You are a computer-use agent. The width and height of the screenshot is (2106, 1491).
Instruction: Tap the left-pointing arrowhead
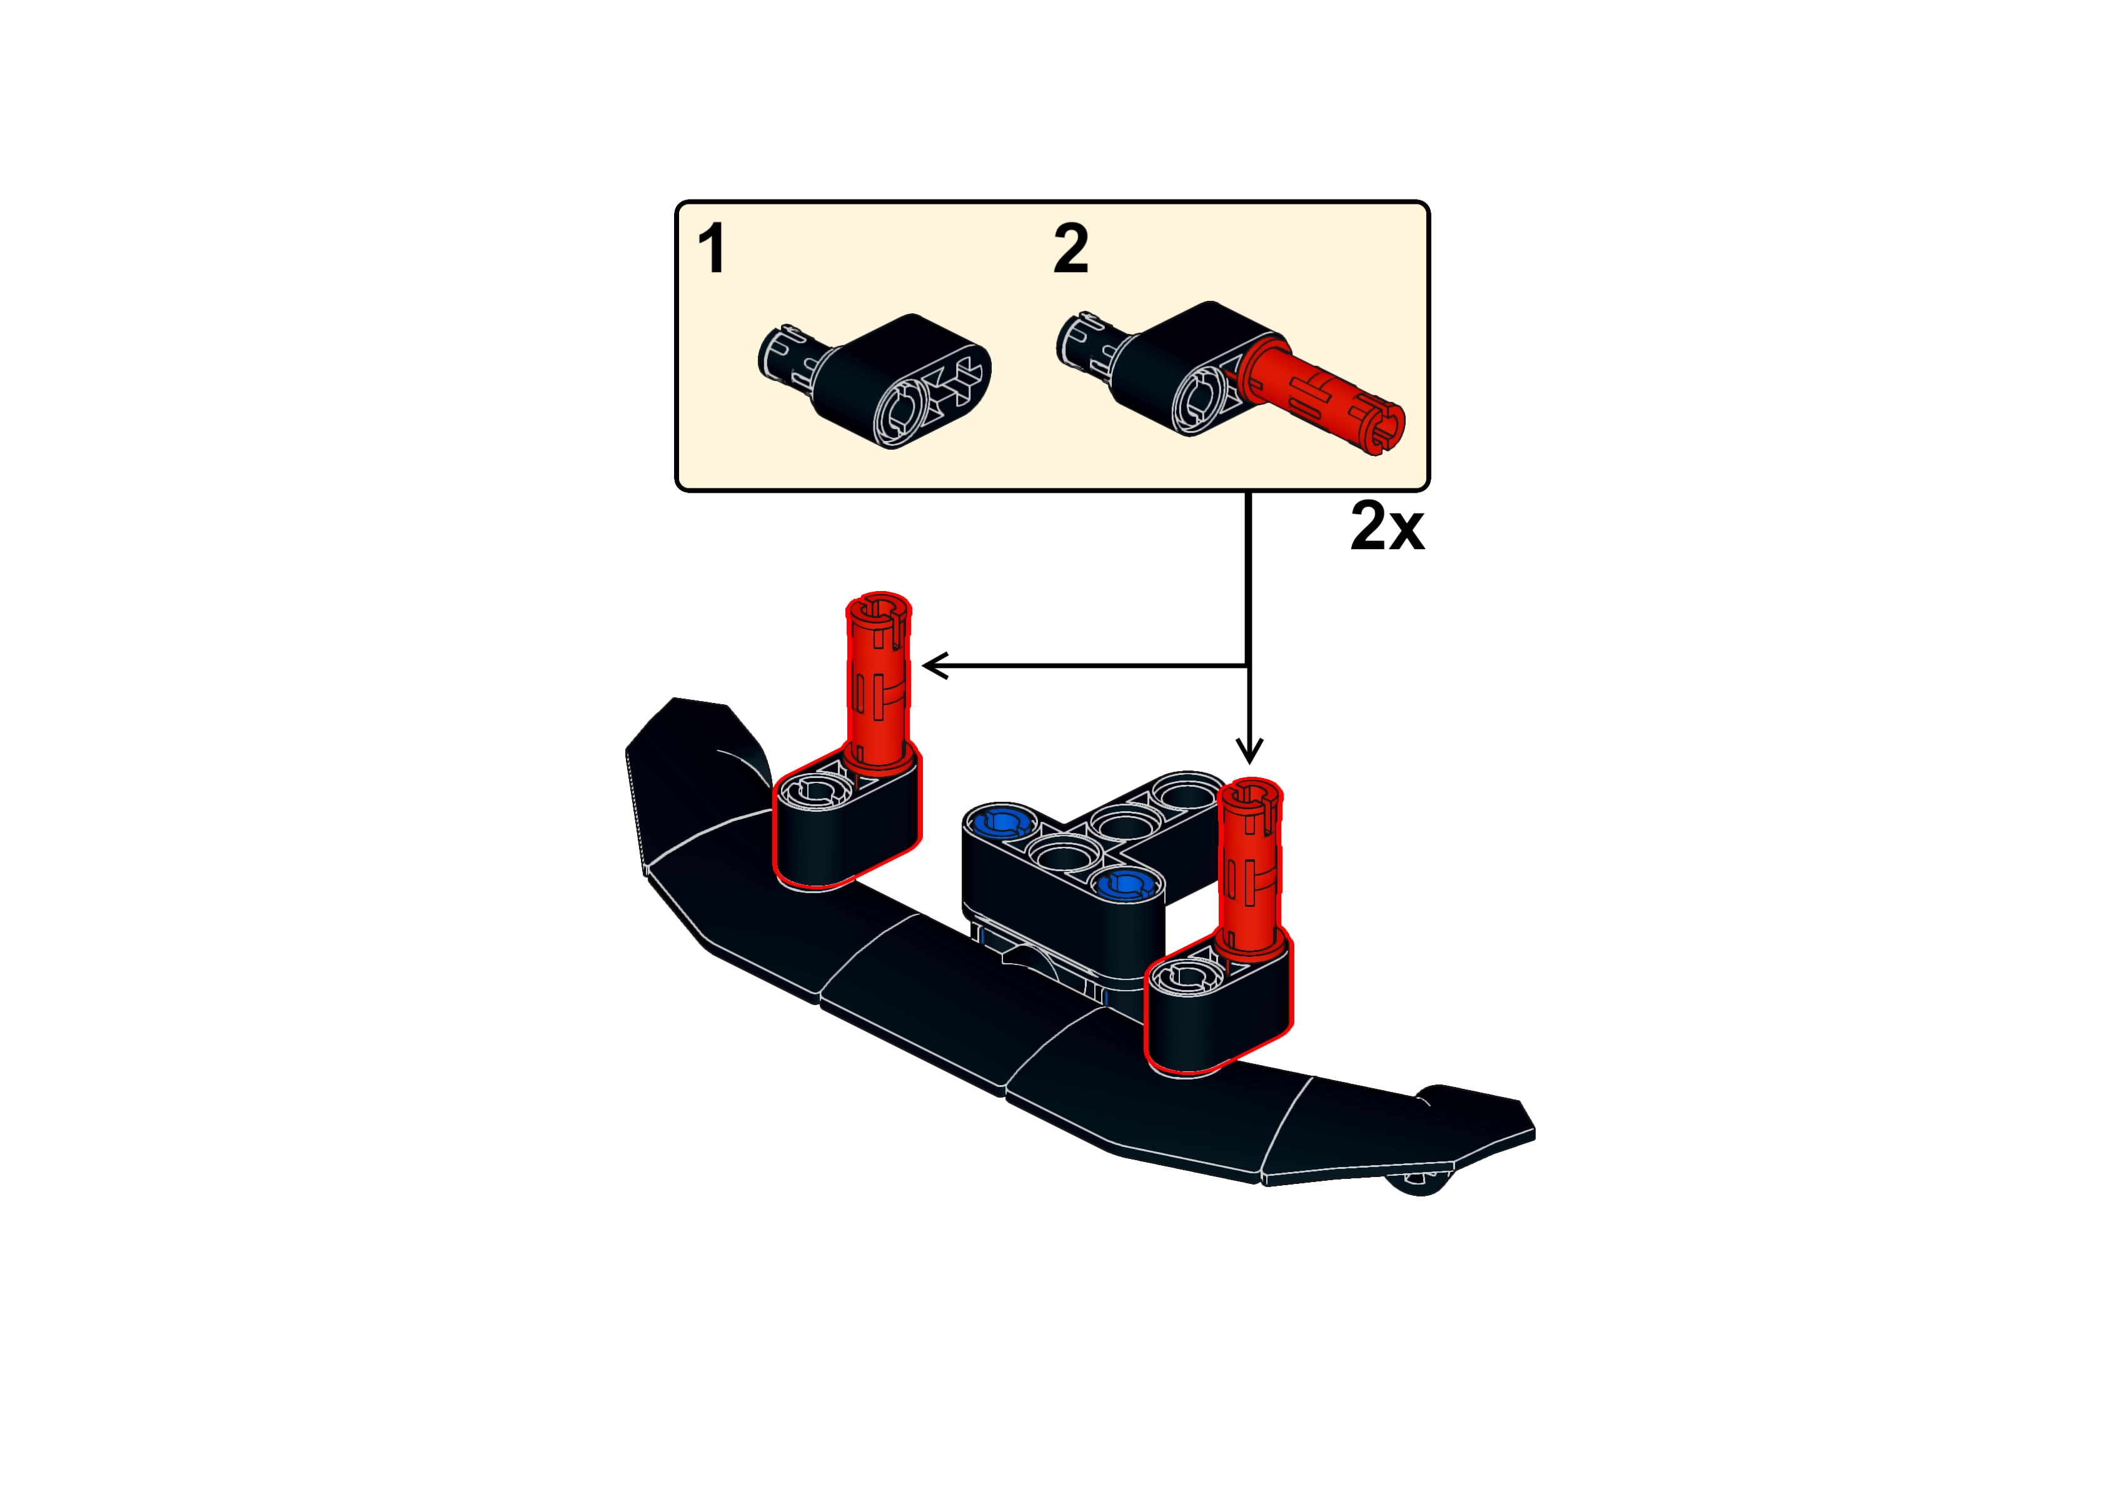[935, 665]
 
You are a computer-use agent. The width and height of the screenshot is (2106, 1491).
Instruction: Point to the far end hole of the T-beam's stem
[1187, 789]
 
